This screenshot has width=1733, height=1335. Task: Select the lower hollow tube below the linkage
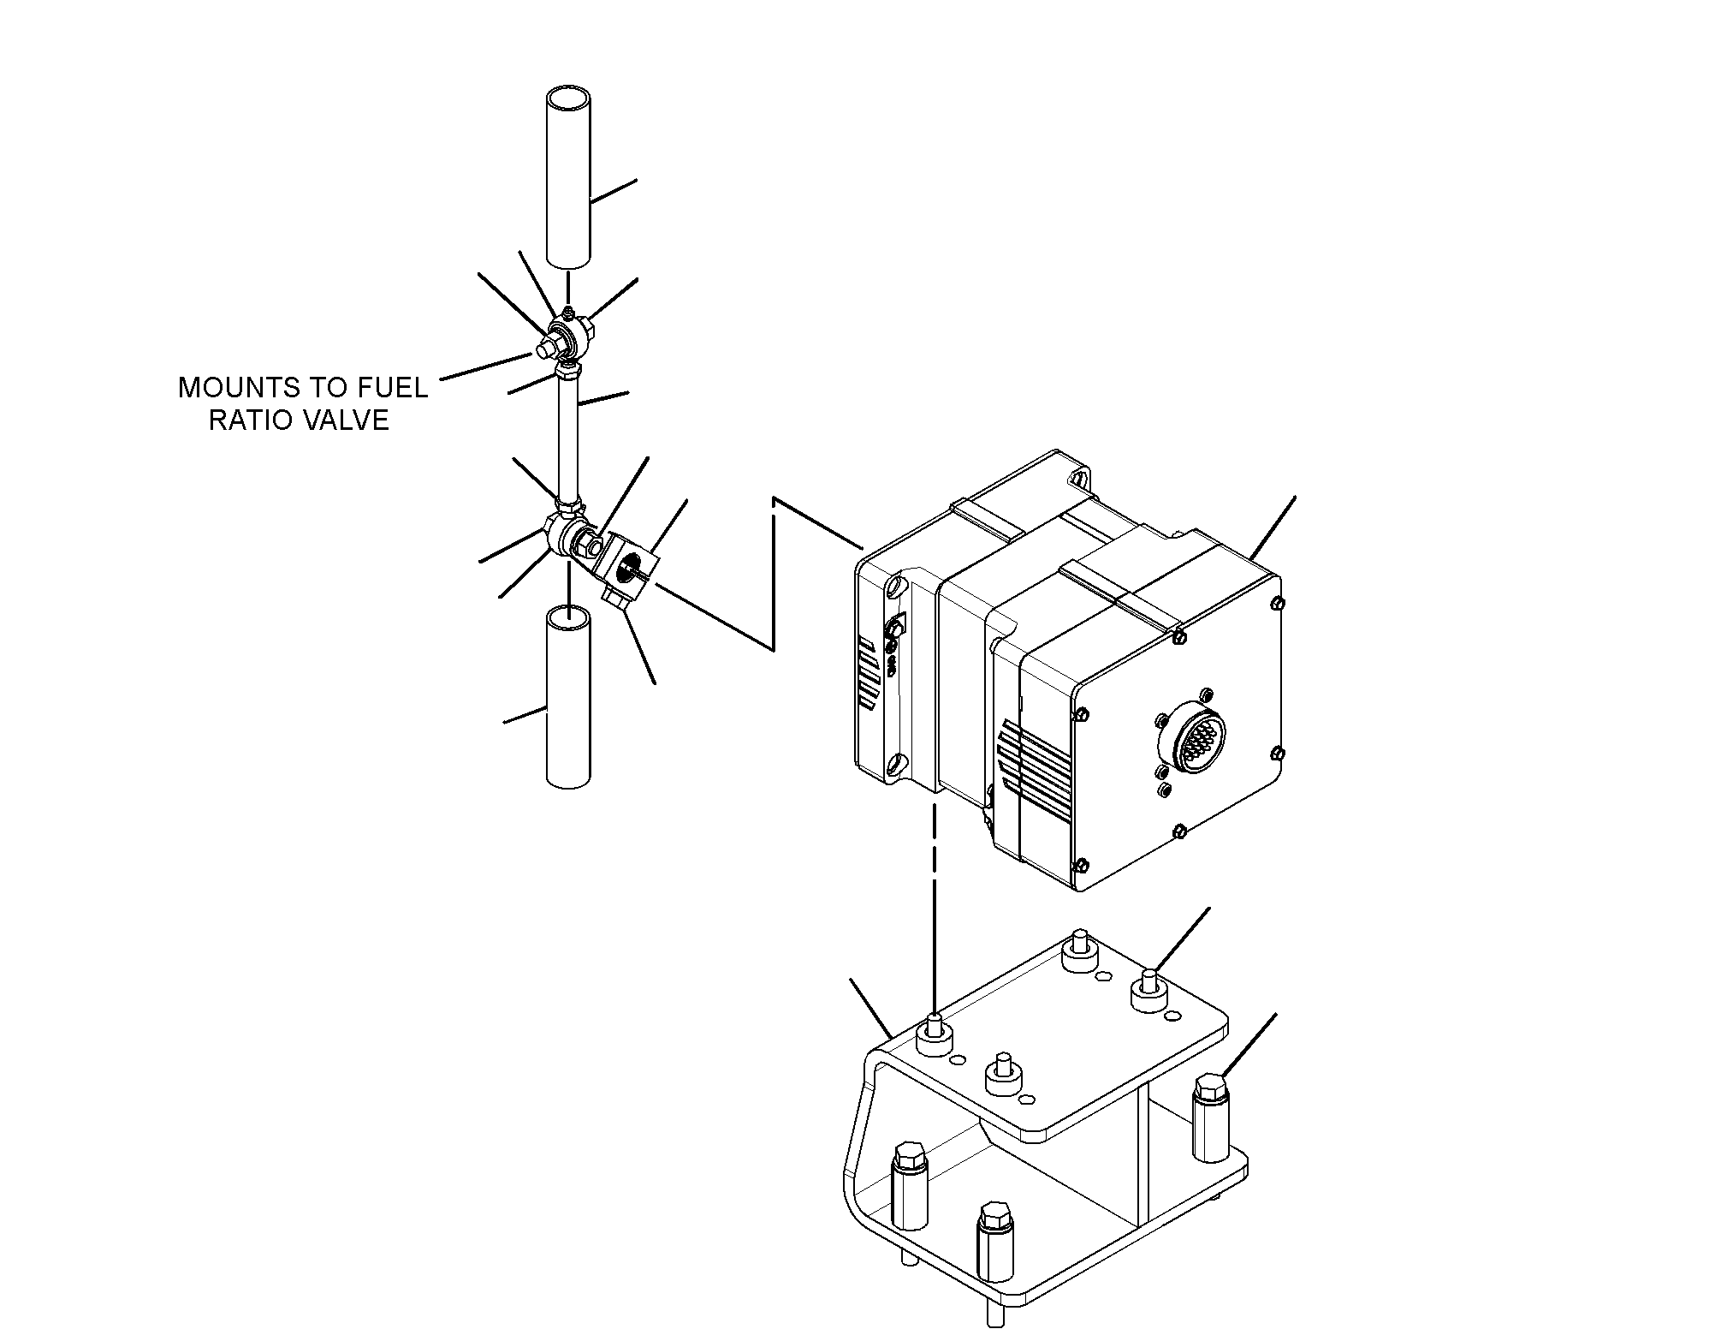pyautogui.click(x=568, y=696)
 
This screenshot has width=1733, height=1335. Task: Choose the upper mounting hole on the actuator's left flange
pyautogui.click(x=895, y=587)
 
